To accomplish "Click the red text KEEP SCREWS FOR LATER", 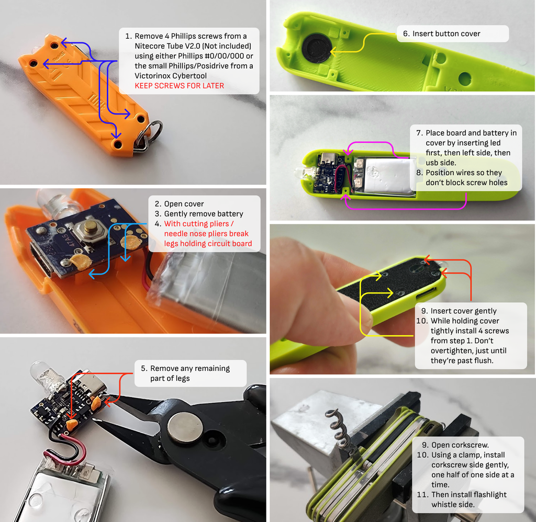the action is [179, 86].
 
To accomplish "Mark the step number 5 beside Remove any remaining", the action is [143, 368].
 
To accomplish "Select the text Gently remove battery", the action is [204, 214].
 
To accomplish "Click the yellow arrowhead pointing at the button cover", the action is [333, 52].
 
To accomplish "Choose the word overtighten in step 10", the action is [452, 350].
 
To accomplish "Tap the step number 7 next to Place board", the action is [419, 133].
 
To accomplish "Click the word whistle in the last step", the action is [444, 505].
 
